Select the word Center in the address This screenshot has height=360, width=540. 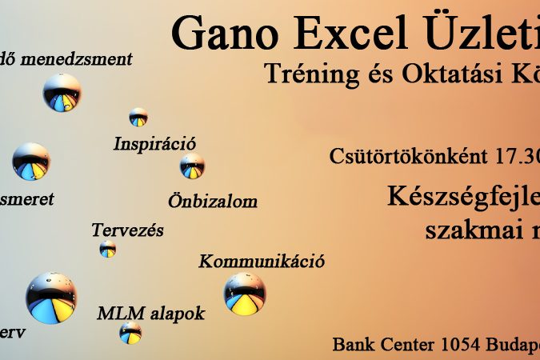pyautogui.click(x=405, y=346)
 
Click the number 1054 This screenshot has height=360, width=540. pyautogui.click(x=461, y=346)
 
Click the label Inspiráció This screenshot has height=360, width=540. pyautogui.click(x=154, y=144)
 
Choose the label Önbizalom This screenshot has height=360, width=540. pyautogui.click(x=213, y=201)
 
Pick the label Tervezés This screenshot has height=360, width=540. pyautogui.click(x=127, y=230)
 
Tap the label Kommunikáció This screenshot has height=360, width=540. pyautogui.click(x=261, y=261)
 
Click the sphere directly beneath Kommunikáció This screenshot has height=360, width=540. pyautogui.click(x=245, y=294)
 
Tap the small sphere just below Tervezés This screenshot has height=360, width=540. pyautogui.click(x=108, y=249)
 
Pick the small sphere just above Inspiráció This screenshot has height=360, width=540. pyautogui.click(x=138, y=117)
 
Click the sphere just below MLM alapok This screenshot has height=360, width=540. pyautogui.click(x=130, y=333)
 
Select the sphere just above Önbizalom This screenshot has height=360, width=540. pyautogui.click(x=192, y=166)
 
